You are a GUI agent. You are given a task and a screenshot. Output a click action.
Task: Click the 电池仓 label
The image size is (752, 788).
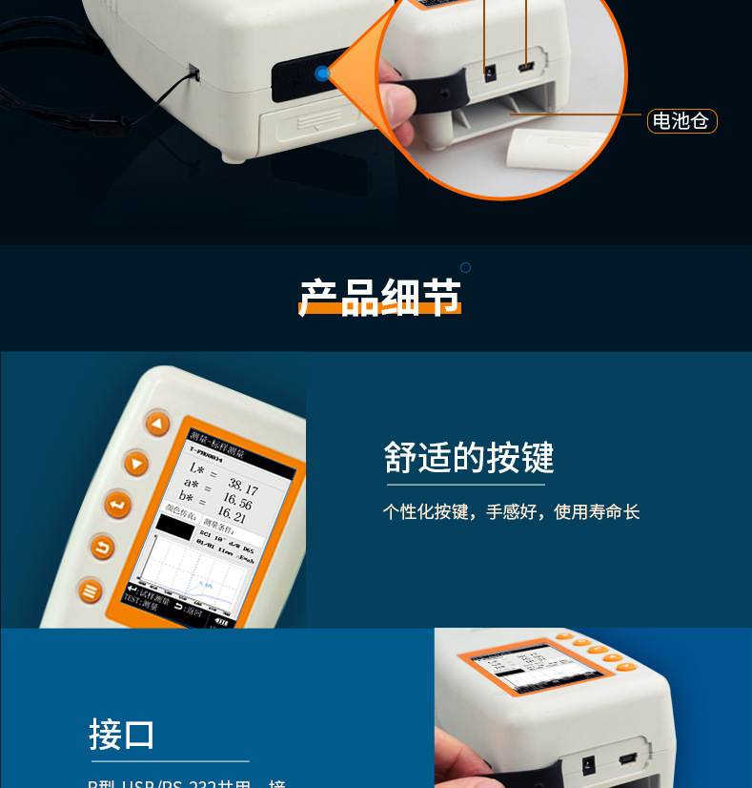click(x=681, y=121)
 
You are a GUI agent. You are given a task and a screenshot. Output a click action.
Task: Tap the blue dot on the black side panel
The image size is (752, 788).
click(x=323, y=73)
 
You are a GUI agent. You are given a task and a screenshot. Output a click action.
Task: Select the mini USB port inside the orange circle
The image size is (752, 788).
click(x=525, y=69)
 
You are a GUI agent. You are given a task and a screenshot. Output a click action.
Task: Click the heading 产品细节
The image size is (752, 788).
click(x=380, y=298)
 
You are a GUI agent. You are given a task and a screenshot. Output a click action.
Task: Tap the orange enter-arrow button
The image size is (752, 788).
click(x=117, y=504)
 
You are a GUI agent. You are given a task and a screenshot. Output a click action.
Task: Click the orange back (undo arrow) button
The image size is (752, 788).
click(x=102, y=548)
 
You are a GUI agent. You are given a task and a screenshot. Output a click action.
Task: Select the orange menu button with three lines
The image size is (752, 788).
click(x=91, y=591)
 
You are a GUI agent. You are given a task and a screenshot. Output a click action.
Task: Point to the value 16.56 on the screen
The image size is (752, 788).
click(x=237, y=502)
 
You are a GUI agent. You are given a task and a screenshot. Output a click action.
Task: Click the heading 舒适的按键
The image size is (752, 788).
click(x=469, y=458)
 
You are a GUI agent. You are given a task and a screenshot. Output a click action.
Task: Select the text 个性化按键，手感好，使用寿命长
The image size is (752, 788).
click(x=511, y=512)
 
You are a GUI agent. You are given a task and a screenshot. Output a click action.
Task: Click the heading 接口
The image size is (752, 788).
click(x=122, y=735)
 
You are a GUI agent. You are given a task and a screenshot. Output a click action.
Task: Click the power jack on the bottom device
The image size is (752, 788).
click(x=589, y=764)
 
